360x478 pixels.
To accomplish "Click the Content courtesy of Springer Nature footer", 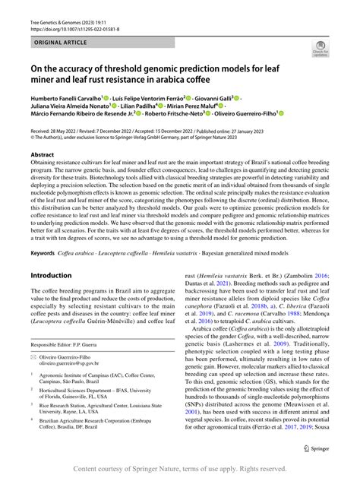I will coord(179,468).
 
